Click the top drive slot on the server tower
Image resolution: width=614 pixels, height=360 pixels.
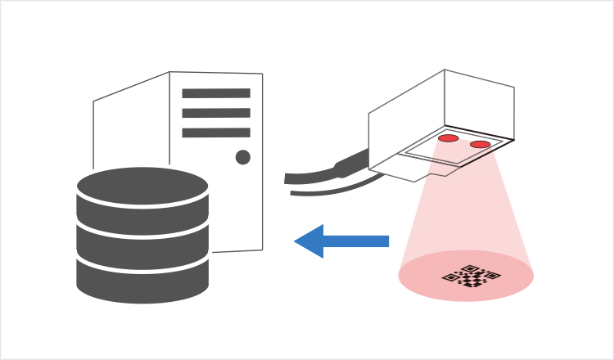click(x=216, y=93)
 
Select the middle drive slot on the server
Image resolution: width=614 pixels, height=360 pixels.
click(x=216, y=113)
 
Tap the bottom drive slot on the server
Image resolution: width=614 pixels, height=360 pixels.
click(x=216, y=133)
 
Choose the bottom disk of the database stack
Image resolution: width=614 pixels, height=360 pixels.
click(x=142, y=280)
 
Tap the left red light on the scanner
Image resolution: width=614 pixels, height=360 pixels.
click(x=449, y=138)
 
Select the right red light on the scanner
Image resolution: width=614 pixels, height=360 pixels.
click(x=481, y=145)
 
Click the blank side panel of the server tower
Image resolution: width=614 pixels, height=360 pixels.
click(x=131, y=131)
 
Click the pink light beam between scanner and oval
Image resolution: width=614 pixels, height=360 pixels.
click(x=463, y=205)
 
